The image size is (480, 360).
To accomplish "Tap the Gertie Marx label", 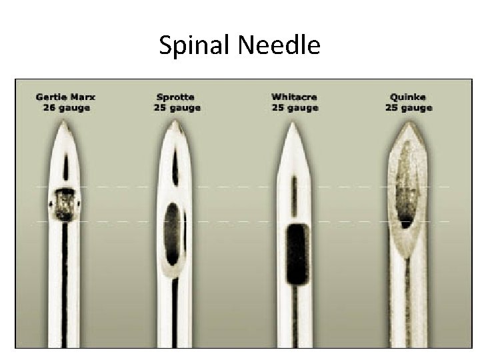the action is pos(65,97).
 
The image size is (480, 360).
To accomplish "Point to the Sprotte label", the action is pos(175,97).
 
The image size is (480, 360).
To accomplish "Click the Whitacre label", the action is pos(295,97).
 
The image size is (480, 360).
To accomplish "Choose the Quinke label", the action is pos(409,97).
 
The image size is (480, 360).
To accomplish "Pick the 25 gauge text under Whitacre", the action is pos(295,107).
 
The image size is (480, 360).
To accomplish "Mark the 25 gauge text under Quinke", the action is pos(409,107).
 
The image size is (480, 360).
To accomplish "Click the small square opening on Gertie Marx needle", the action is pos(65,203).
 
